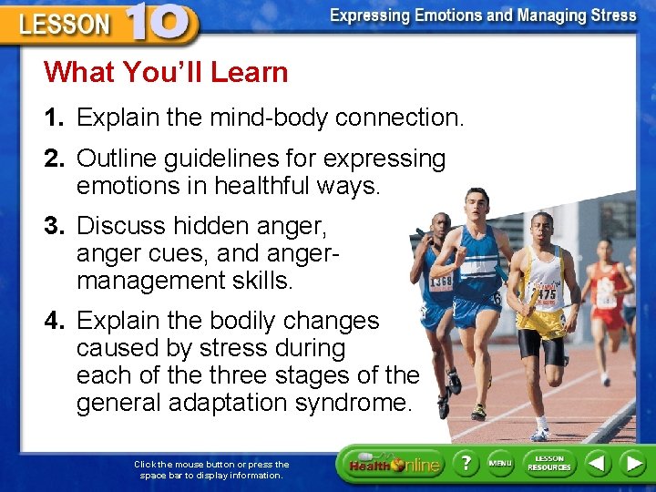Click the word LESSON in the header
point(64,25)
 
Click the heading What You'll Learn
point(166,72)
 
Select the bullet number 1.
point(55,118)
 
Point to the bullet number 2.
point(55,159)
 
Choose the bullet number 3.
point(55,225)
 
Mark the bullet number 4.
point(55,321)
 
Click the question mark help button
point(466,464)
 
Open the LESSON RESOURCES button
point(549,464)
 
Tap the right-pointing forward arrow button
point(632,464)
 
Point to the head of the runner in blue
point(477,201)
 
